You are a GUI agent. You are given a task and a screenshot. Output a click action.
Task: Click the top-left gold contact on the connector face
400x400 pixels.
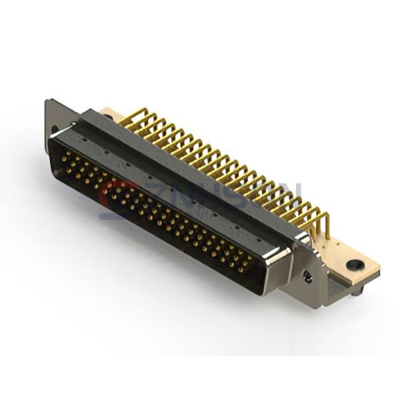[x=66, y=154]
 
